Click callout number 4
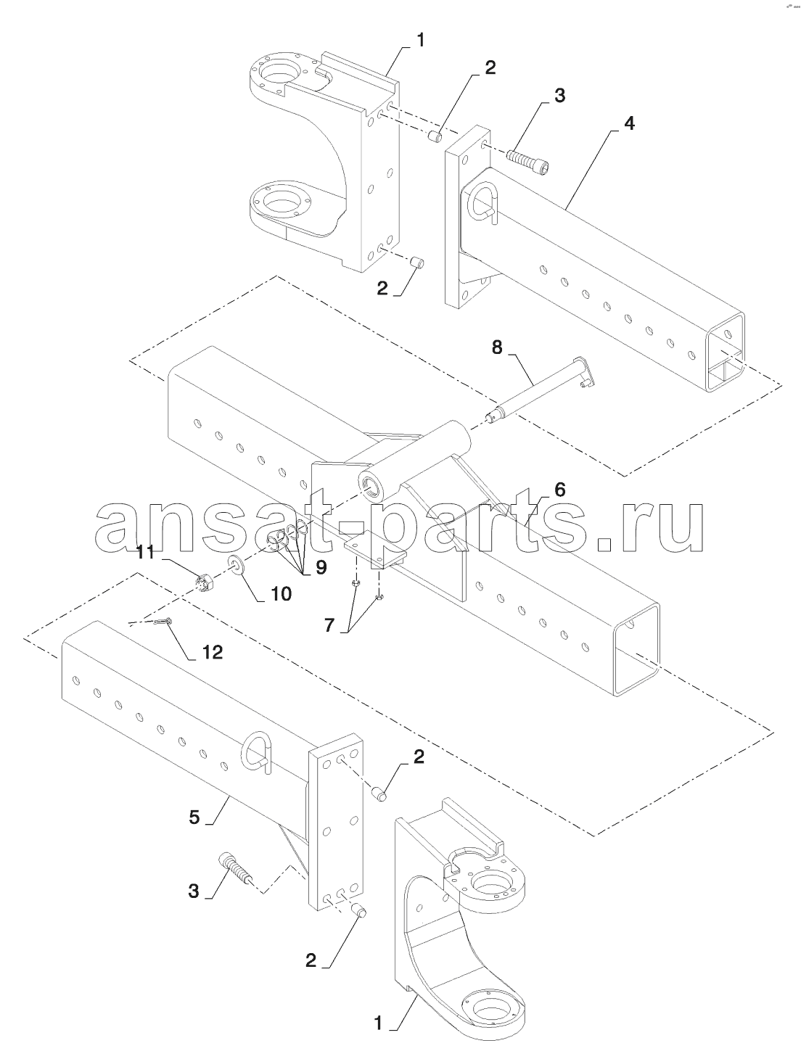point(629,123)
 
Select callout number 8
point(496,347)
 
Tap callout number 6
point(559,490)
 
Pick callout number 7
point(329,625)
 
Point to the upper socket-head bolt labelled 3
point(528,160)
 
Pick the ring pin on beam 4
point(481,204)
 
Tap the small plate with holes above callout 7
point(375,552)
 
